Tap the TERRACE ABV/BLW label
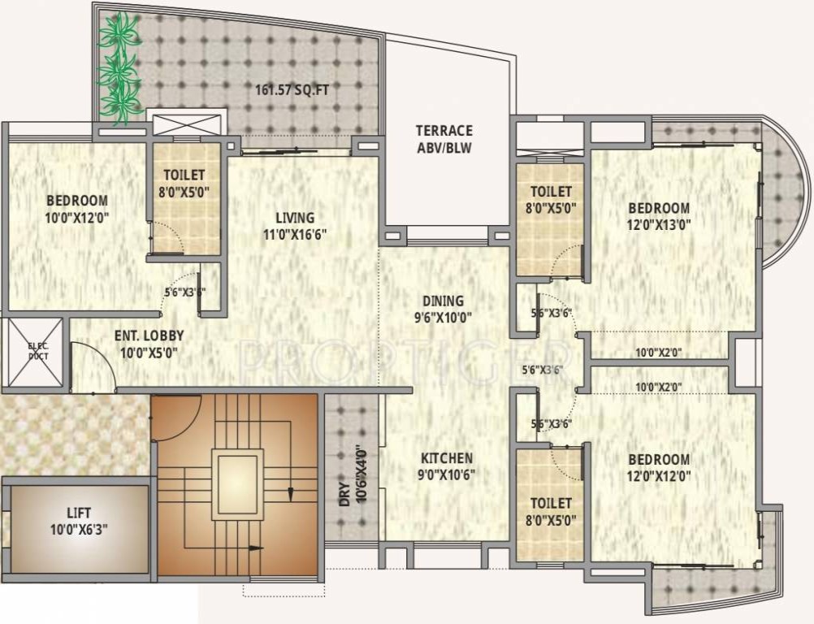[x=444, y=139]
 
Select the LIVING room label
[x=294, y=218]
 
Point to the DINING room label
[x=443, y=301]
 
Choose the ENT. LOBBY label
[x=149, y=335]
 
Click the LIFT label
[x=79, y=513]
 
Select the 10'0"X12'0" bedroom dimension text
[x=76, y=217]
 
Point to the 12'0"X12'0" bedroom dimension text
[x=658, y=476]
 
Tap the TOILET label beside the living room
[x=184, y=175]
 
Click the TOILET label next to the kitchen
[x=550, y=504]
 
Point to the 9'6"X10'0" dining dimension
[x=443, y=318]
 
